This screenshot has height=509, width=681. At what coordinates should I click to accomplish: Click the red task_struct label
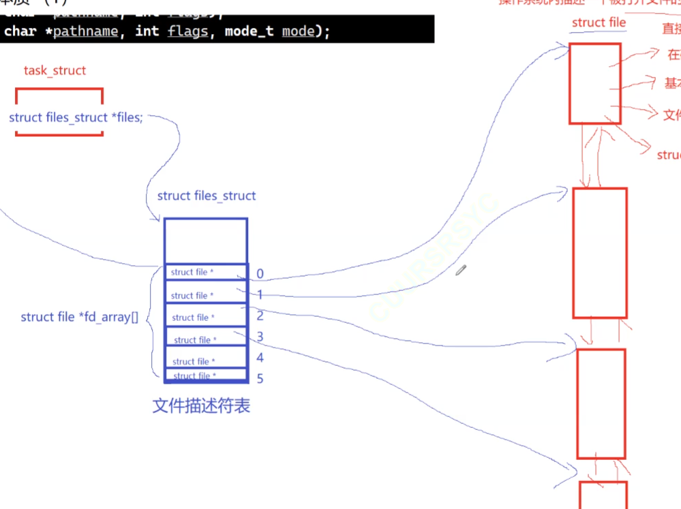pos(55,71)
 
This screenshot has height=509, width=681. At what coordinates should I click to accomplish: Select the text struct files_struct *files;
pos(76,118)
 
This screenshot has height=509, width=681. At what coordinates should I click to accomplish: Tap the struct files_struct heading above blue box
pos(206,196)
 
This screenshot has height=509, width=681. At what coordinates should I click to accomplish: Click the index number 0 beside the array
pos(260,275)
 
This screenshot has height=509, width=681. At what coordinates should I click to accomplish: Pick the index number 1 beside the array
pos(260,296)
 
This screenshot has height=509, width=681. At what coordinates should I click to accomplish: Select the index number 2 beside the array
pos(260,316)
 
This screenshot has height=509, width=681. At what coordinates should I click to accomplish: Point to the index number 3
pos(260,337)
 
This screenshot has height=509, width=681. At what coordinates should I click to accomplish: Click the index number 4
pos(260,358)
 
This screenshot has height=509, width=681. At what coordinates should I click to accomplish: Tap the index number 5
pos(260,378)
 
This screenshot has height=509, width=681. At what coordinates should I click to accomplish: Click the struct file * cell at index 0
pos(193,273)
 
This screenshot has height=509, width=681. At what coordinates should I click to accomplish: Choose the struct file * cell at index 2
pos(194,318)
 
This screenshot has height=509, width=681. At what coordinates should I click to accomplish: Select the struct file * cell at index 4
pos(194,361)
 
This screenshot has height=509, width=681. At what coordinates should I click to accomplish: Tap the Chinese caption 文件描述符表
pos(201,406)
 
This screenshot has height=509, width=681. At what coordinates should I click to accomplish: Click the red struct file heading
pos(599,22)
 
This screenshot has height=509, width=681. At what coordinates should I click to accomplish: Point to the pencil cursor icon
pos(461,271)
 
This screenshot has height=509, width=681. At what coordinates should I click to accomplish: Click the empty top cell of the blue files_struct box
pos(205,241)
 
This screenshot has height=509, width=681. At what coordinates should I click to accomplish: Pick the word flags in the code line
pos(187,31)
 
